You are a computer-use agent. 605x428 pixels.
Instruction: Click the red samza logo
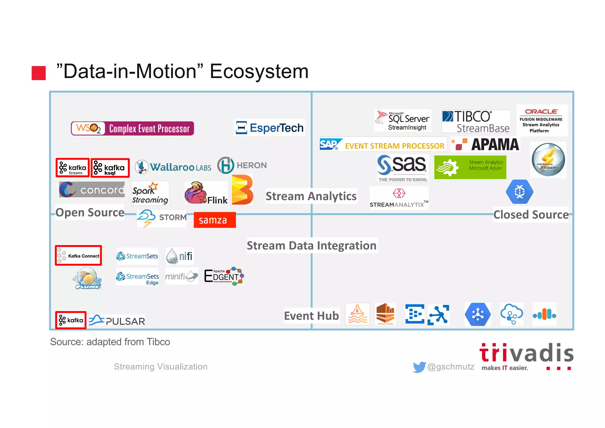pyautogui.click(x=214, y=220)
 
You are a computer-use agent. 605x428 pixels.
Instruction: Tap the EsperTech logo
pyautogui.click(x=269, y=128)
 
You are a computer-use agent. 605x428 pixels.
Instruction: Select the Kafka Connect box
pyautogui.click(x=79, y=256)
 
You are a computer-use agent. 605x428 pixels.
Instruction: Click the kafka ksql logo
pyautogui.click(x=110, y=168)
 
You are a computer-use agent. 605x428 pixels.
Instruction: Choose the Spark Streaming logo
pyautogui.click(x=150, y=193)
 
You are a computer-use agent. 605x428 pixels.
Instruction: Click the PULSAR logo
pyautogui.click(x=117, y=321)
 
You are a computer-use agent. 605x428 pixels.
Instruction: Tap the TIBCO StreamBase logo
pyautogui.click(x=476, y=121)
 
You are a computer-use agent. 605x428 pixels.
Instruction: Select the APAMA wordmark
pyautogui.click(x=495, y=145)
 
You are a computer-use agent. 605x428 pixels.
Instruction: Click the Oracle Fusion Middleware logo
pyautogui.click(x=541, y=121)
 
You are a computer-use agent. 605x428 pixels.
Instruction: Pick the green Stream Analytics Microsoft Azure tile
pyautogui.click(x=470, y=167)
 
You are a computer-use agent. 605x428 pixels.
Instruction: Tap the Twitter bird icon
pyautogui.click(x=419, y=367)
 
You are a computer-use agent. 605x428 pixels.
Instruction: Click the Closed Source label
pyautogui.click(x=531, y=214)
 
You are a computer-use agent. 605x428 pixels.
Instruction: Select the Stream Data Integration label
pyautogui.click(x=312, y=246)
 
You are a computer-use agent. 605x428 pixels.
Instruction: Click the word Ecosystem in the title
pyautogui.click(x=259, y=71)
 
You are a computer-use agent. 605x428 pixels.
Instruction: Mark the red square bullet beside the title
pyautogui.click(x=39, y=73)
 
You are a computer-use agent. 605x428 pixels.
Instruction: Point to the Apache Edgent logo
pyautogui.click(x=224, y=276)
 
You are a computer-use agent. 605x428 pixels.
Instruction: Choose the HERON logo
pyautogui.click(x=242, y=165)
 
